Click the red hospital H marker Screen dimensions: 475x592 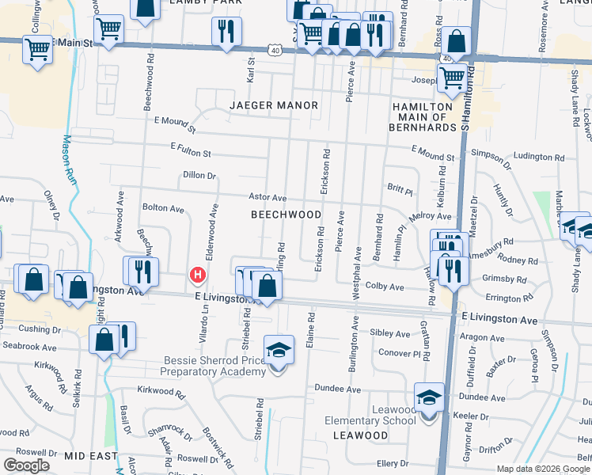tap(197, 275)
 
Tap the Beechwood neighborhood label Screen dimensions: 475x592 tap(287, 215)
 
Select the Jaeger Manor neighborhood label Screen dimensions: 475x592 tap(274, 105)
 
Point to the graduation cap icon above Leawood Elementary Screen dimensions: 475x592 tap(428, 397)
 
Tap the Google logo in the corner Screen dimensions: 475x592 tap(26, 465)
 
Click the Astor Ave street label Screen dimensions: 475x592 tap(268, 197)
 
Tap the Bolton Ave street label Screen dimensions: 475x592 tap(163, 209)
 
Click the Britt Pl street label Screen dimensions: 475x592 tap(400, 190)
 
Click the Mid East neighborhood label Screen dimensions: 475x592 tap(91, 457)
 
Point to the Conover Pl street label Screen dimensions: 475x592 tap(397, 352)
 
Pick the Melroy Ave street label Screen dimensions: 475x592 tap(430, 216)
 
